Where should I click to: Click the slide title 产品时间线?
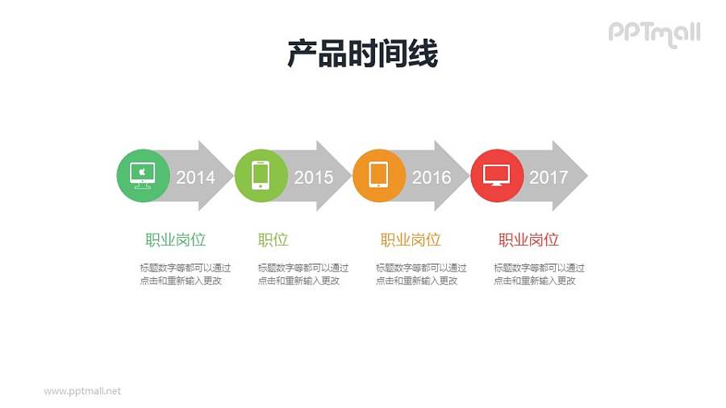click(x=362, y=54)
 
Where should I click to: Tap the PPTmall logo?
click(x=654, y=33)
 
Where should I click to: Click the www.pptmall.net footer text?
click(x=82, y=391)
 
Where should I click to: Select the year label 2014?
click(x=195, y=177)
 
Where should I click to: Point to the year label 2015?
click(x=313, y=177)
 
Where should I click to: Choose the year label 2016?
click(x=432, y=177)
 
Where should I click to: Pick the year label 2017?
click(x=549, y=177)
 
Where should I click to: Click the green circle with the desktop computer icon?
click(x=143, y=176)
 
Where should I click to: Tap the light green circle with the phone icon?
click(x=261, y=176)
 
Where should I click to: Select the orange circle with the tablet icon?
click(x=378, y=176)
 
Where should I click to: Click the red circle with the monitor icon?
click(x=497, y=176)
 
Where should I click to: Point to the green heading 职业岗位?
click(x=176, y=240)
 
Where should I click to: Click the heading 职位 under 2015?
click(x=273, y=240)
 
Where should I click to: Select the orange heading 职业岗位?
click(x=411, y=240)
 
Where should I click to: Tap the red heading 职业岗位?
click(x=528, y=240)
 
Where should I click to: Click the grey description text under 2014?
click(x=185, y=274)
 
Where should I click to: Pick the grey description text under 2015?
click(x=303, y=274)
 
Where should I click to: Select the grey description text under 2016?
click(x=421, y=274)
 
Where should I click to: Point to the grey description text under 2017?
click(x=539, y=274)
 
